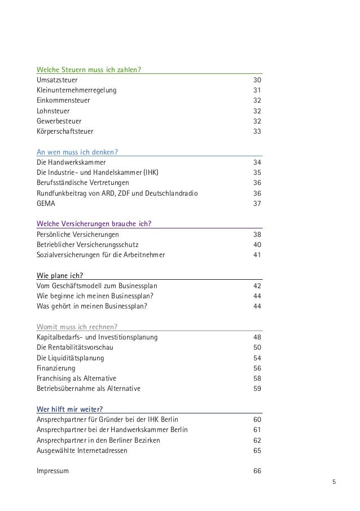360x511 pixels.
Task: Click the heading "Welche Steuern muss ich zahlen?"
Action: [89, 70]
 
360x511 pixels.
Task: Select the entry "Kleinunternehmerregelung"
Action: [78, 90]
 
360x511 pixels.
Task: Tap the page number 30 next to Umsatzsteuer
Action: [257, 80]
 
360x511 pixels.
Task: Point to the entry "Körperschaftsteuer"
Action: [65, 131]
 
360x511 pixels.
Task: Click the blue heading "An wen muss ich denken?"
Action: [81, 151]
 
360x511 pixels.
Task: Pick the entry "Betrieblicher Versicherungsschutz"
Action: [87, 244]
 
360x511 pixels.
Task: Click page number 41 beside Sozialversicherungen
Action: [257, 254]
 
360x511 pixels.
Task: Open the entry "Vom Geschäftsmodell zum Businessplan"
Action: [93, 285]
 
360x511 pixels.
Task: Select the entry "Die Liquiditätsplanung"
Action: [70, 358]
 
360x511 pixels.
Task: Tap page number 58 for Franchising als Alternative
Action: [257, 378]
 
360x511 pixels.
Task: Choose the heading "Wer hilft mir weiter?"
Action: [71, 409]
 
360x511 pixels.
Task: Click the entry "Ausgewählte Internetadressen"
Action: [82, 451]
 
